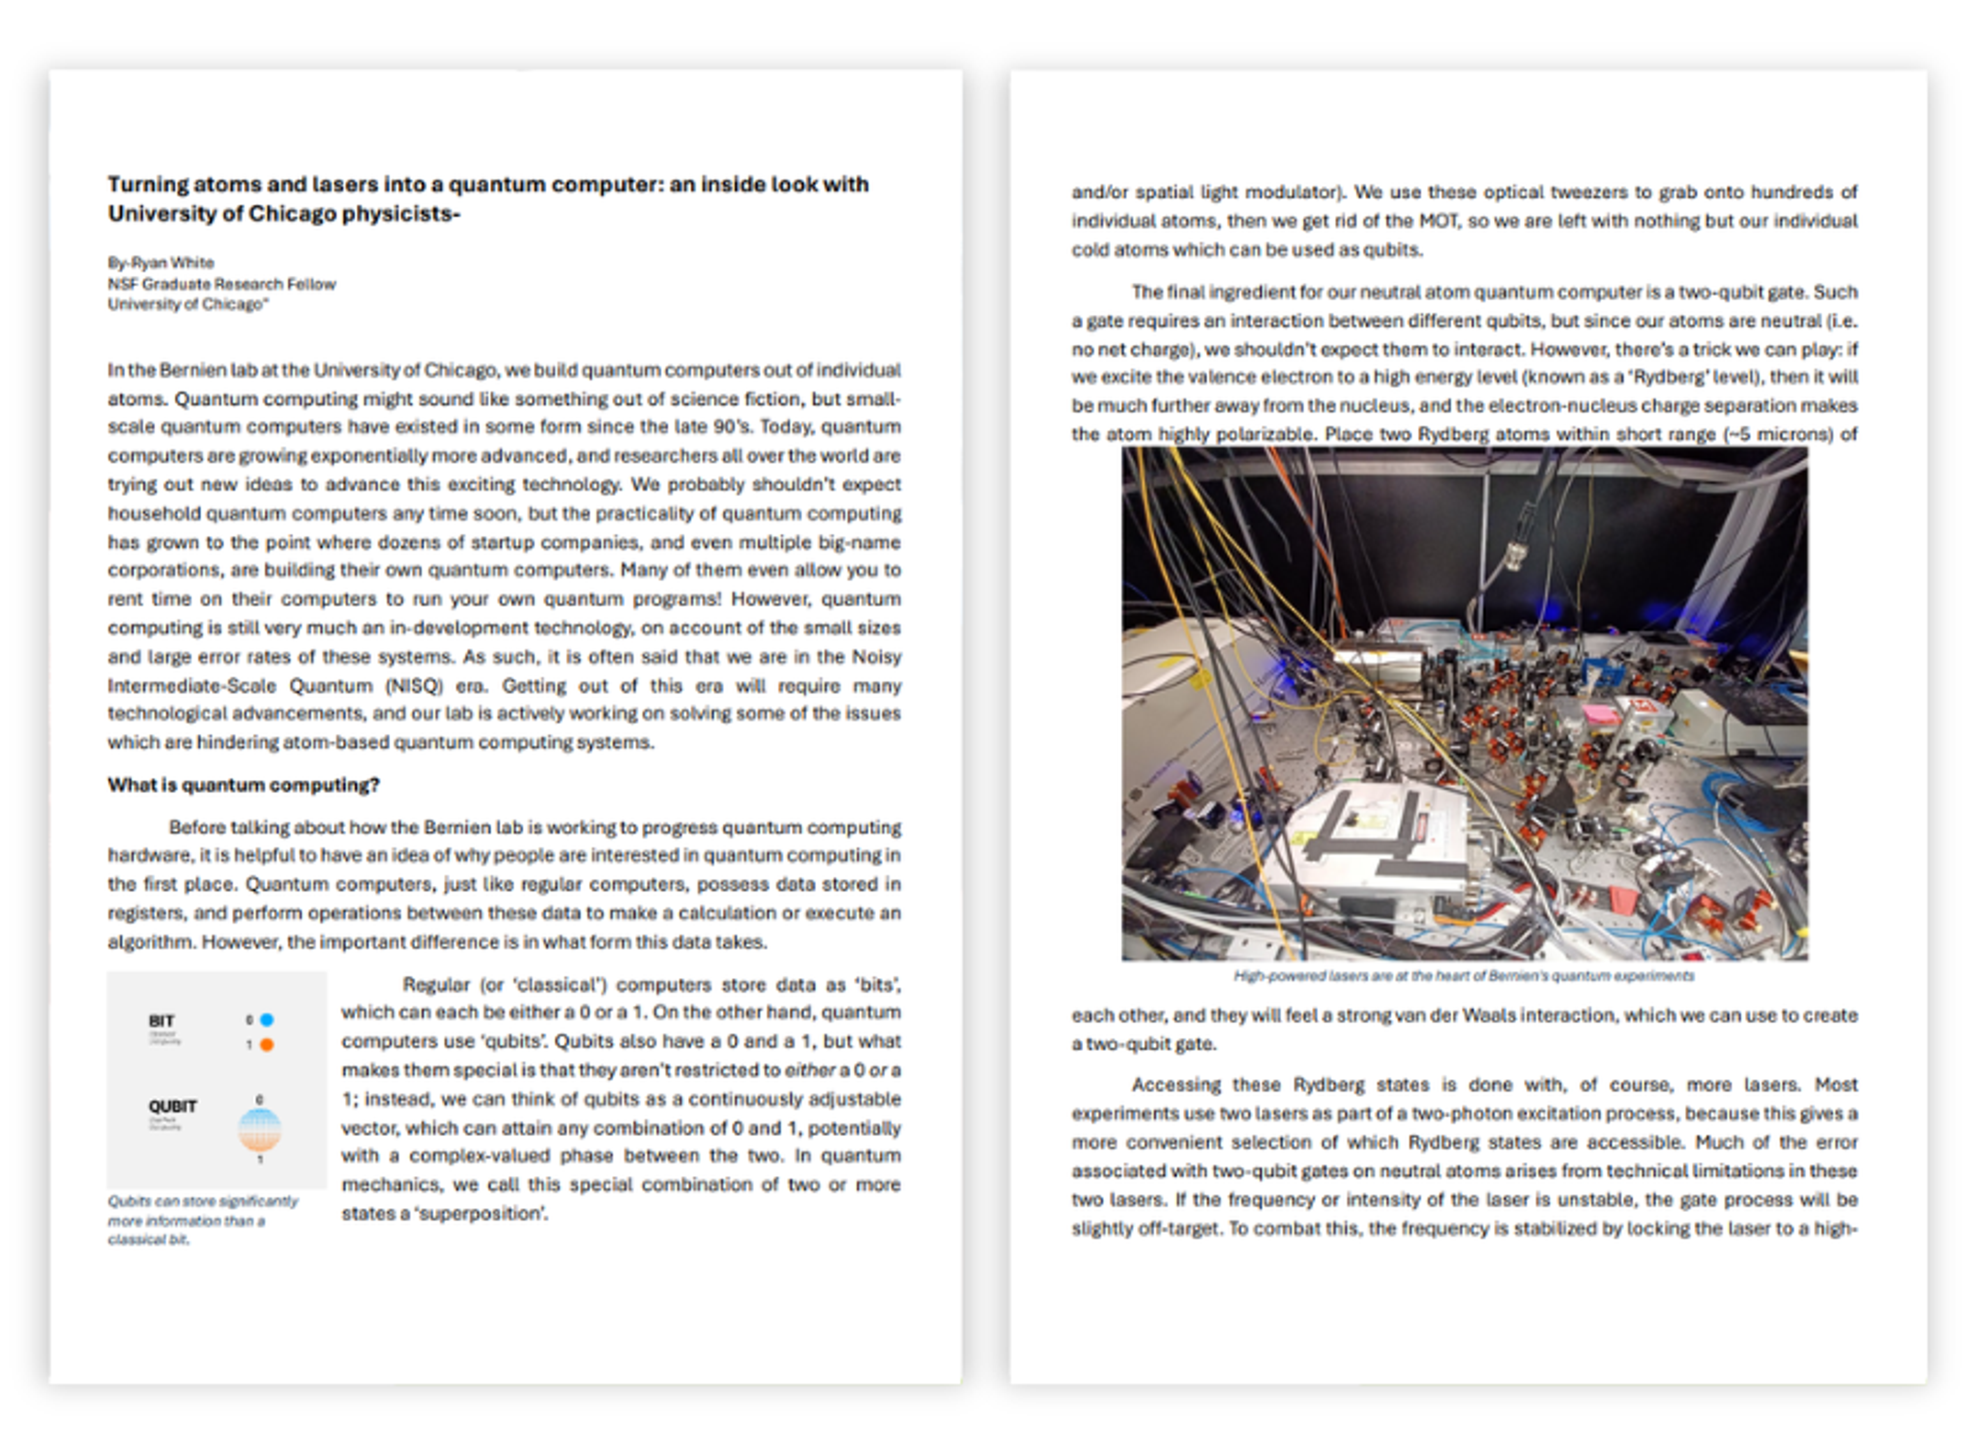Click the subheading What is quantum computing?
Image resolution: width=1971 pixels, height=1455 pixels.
(243, 785)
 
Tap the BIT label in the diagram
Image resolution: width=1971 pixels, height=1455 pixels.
(161, 1021)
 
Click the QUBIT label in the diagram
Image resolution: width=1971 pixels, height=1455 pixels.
(172, 1106)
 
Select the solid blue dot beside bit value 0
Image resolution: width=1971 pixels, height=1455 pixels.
(267, 1020)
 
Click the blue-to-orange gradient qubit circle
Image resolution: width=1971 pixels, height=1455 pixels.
(260, 1130)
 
